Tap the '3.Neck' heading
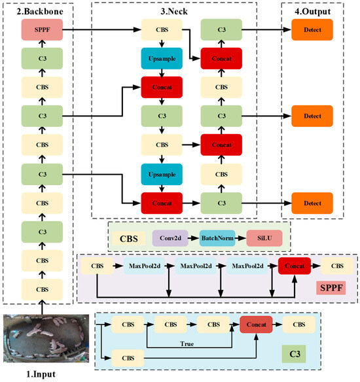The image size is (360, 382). [172, 10]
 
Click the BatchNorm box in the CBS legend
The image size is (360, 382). [217, 239]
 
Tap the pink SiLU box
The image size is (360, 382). [264, 239]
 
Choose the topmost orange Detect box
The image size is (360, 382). [312, 30]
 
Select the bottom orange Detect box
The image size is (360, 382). [312, 202]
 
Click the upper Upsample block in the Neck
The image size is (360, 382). [161, 59]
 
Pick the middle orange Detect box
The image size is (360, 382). [312, 116]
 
